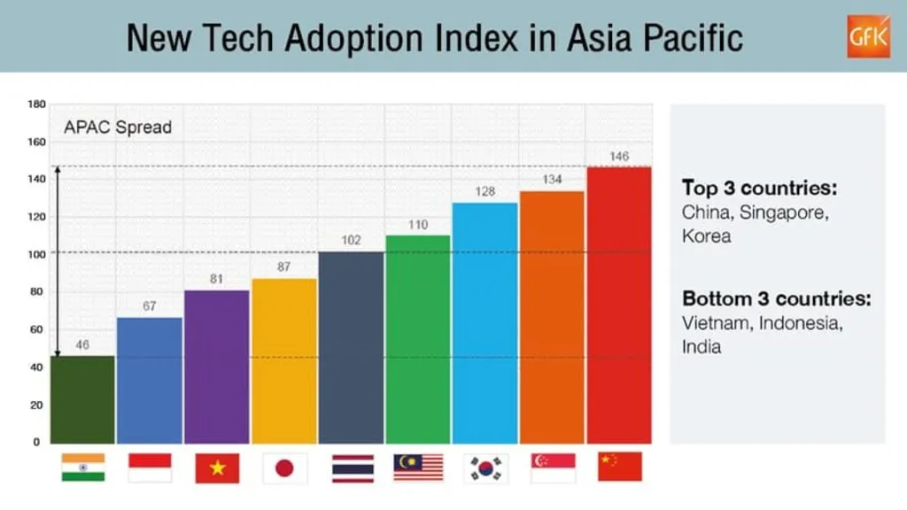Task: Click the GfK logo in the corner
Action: pyautogui.click(x=868, y=36)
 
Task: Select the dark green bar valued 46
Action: pyautogui.click(x=82, y=399)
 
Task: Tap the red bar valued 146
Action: pyautogui.click(x=619, y=305)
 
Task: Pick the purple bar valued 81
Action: pyautogui.click(x=217, y=367)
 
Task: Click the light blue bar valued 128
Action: pyautogui.click(x=485, y=323)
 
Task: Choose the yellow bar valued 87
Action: pyautogui.click(x=283, y=360)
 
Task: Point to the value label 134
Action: pyautogui.click(x=552, y=180)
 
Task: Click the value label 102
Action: pyautogui.click(x=351, y=240)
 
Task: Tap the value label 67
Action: pyautogui.click(x=150, y=306)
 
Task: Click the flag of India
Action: pyautogui.click(x=83, y=467)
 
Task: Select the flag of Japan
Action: pyautogui.click(x=284, y=467)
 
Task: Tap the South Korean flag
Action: pyautogui.click(x=485, y=467)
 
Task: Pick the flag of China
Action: pyautogui.click(x=619, y=467)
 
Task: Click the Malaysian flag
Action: pyautogui.click(x=418, y=467)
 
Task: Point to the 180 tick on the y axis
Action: pyautogui.click(x=36, y=104)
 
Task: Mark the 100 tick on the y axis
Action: pyautogui.click(x=36, y=254)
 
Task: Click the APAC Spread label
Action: pyautogui.click(x=117, y=127)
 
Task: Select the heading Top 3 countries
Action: pyautogui.click(x=759, y=188)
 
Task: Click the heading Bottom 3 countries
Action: pyautogui.click(x=776, y=298)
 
